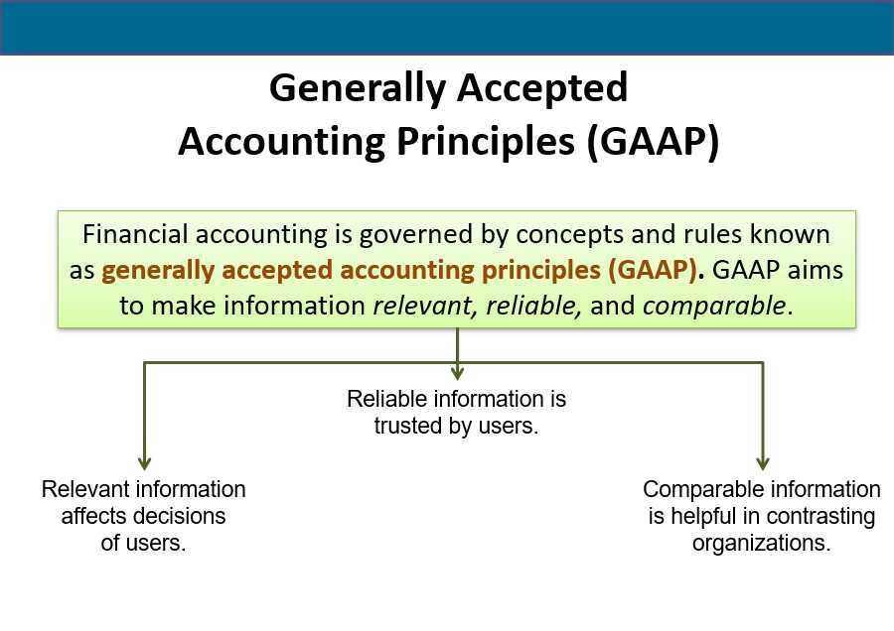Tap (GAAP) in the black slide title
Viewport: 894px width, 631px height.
[x=652, y=142]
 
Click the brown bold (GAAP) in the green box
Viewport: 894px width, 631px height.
[x=657, y=271]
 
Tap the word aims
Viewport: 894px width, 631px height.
[x=815, y=271]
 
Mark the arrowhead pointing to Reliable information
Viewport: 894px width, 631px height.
[x=457, y=372]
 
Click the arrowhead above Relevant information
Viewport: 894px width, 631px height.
[x=145, y=461]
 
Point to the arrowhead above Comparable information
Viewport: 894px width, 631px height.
[x=763, y=461]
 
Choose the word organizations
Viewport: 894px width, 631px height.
[x=761, y=543]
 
